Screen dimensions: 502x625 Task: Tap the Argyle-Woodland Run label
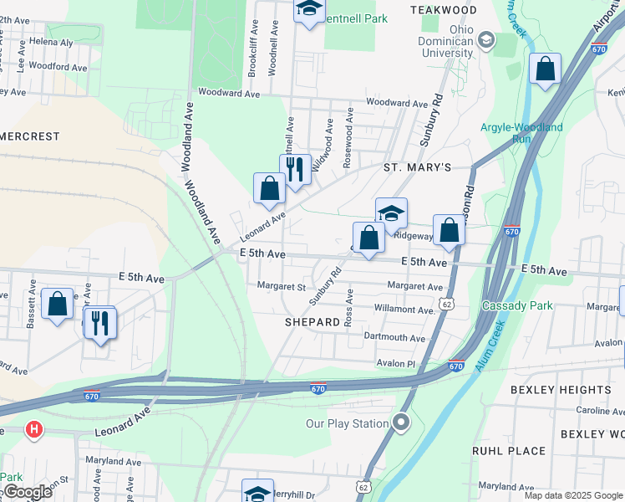(x=521, y=133)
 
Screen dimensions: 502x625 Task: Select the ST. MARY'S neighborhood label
(x=417, y=167)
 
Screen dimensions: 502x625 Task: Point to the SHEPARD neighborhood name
(x=312, y=321)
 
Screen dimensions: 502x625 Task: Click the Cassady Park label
(x=517, y=305)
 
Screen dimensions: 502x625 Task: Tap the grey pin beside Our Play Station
(x=401, y=423)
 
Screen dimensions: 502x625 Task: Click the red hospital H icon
(x=33, y=430)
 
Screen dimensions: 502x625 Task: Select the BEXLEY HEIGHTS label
(x=574, y=390)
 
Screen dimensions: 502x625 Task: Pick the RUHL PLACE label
(x=508, y=451)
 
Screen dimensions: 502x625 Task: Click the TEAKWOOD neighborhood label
(x=444, y=10)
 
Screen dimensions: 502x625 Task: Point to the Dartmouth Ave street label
(x=394, y=337)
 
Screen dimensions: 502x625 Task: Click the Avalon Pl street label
(x=395, y=363)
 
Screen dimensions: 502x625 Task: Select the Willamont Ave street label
(x=404, y=310)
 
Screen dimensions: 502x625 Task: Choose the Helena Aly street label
(x=51, y=41)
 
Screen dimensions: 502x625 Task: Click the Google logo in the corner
(x=27, y=492)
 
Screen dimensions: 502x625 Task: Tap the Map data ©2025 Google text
(x=572, y=495)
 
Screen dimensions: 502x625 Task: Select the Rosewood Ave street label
(x=348, y=138)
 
